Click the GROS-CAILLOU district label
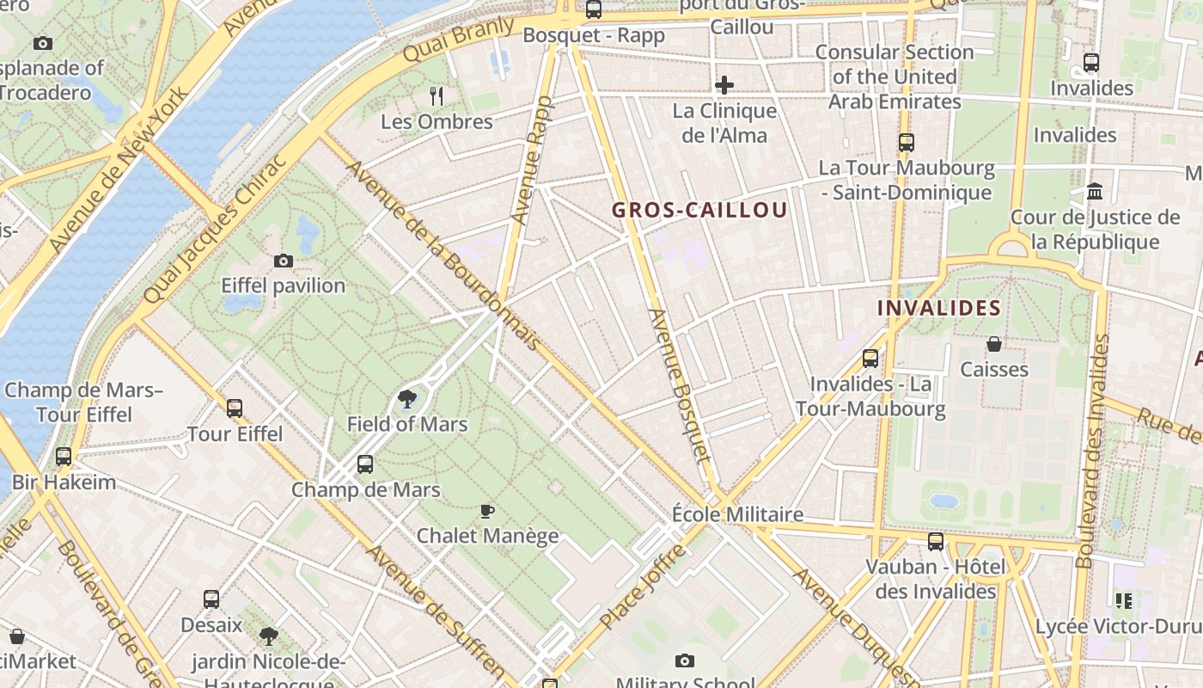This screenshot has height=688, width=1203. click(x=699, y=210)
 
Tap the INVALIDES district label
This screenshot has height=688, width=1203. click(x=938, y=308)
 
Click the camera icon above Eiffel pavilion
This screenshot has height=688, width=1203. click(x=283, y=261)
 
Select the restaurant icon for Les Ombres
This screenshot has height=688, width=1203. click(x=437, y=95)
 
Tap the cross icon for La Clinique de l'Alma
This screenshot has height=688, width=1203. click(x=724, y=85)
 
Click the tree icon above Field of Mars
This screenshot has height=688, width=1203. click(x=407, y=399)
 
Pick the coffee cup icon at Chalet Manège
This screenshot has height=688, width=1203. click(x=487, y=511)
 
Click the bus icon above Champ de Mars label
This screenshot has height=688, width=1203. click(x=365, y=464)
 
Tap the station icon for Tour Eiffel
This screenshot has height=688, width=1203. click(x=235, y=408)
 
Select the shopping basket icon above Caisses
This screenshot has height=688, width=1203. click(x=994, y=344)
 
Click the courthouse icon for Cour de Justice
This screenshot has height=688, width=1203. click(x=1095, y=191)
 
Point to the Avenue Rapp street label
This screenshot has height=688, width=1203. click(x=531, y=162)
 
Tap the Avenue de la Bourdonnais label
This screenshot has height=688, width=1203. click(x=443, y=255)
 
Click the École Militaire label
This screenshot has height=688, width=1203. click(x=737, y=514)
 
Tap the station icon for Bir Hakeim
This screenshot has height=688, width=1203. click(x=64, y=456)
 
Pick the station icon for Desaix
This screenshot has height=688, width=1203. click(x=211, y=599)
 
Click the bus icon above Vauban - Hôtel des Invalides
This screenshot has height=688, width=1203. click(x=936, y=542)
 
